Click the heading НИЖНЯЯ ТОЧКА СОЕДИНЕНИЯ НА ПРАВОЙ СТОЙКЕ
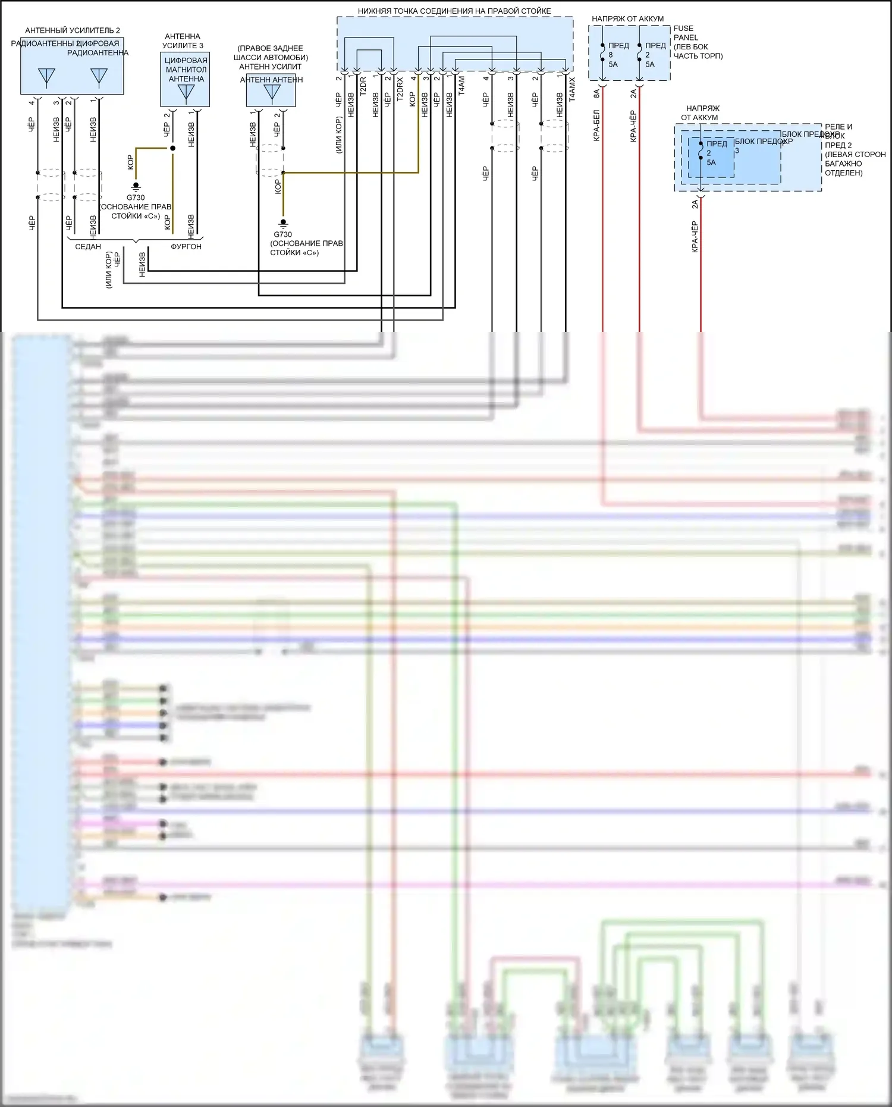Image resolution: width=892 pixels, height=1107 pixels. tap(454, 11)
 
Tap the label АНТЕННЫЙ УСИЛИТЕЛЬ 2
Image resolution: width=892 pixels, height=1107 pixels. tap(73, 30)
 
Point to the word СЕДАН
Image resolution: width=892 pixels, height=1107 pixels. tap(88, 246)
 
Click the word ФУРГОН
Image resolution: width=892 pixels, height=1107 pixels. tap(186, 246)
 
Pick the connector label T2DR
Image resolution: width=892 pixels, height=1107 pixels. tap(363, 87)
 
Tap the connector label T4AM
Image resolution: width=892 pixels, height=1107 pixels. tap(461, 86)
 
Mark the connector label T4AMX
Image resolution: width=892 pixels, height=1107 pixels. tap(572, 89)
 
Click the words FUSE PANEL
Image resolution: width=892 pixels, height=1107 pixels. tap(684, 33)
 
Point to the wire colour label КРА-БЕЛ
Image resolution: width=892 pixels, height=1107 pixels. tap(596, 125)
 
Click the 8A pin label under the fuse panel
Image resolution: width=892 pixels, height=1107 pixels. tap(596, 93)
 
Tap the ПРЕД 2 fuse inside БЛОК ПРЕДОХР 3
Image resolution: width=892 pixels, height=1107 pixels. tap(714, 153)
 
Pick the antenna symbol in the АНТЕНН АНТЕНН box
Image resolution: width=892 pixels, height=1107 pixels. tap(272, 92)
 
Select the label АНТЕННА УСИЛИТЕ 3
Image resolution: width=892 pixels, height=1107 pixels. tap(183, 41)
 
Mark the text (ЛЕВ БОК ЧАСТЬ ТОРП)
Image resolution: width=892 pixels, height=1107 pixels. tap(698, 51)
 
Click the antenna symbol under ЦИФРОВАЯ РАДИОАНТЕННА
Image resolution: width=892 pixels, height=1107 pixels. tap(99, 76)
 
